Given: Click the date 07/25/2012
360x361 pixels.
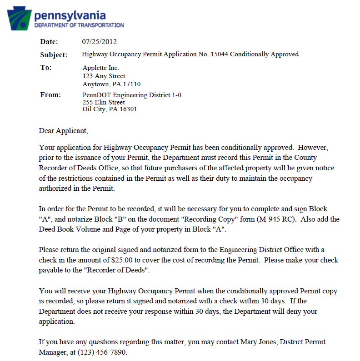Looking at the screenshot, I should point(99,42).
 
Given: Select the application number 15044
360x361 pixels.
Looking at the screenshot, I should point(220,54).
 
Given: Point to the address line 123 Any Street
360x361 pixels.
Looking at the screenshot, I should point(104,76).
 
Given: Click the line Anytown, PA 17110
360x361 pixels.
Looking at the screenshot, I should point(111,84).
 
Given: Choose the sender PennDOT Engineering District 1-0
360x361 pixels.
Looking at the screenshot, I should point(132,95).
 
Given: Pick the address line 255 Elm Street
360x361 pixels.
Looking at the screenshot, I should point(104,103).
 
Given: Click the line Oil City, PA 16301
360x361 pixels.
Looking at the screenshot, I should point(110,109).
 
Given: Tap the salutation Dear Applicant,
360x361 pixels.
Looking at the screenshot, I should point(63,131).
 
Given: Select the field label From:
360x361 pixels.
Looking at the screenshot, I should point(50,95).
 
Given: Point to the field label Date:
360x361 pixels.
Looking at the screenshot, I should point(49,42).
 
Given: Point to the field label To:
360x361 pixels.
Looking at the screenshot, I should point(46,68).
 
